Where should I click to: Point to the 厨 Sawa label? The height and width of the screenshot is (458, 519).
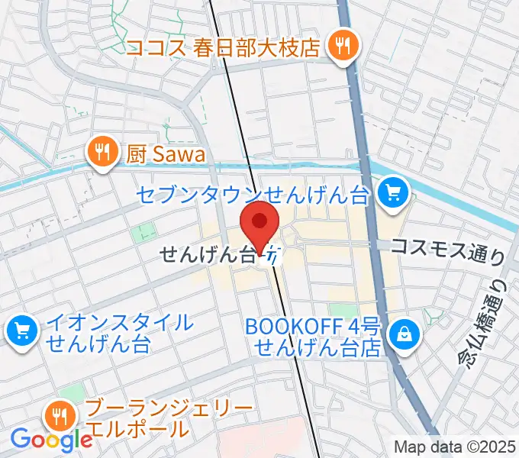166,154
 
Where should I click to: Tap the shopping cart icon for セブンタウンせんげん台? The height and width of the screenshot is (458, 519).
394,192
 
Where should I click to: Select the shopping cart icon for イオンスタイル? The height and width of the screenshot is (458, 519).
21,331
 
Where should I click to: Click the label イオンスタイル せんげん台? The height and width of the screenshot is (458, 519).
119,332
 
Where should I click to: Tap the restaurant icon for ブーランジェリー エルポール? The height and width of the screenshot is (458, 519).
59,416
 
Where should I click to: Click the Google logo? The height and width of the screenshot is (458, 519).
52,439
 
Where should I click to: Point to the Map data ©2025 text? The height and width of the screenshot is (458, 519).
456,447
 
